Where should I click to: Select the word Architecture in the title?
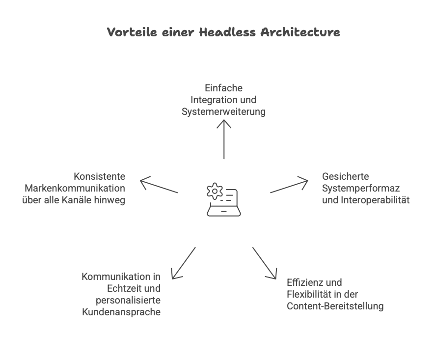pyautogui.click(x=300, y=33)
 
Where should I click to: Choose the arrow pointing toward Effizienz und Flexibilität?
pyautogui.click(x=265, y=263)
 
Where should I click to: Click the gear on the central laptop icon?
pyautogui.click(x=215, y=191)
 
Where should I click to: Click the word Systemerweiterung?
pyautogui.click(x=223, y=112)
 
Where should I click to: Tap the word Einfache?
pyautogui.click(x=224, y=88)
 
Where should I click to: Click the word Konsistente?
pyautogui.click(x=99, y=176)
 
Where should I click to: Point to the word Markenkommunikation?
pyautogui.click(x=75, y=188)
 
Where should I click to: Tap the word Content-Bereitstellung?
pyautogui.click(x=335, y=306)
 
